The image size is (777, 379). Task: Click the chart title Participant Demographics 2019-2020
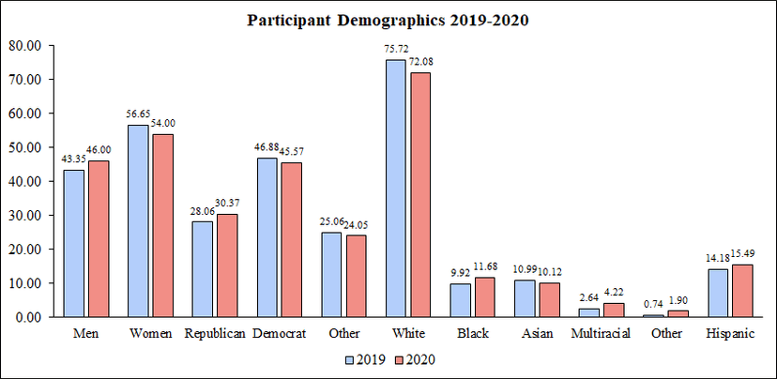(x=388, y=19)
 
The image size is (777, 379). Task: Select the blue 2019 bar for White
(x=395, y=189)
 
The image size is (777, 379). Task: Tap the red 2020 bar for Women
(x=162, y=225)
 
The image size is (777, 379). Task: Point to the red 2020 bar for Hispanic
(x=740, y=291)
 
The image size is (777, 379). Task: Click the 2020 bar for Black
(x=484, y=297)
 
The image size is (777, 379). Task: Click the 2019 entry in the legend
(x=367, y=359)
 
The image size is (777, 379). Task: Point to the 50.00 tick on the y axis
(x=25, y=147)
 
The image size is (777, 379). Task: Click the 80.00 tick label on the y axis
(x=25, y=45)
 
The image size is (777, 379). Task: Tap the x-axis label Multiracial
(x=601, y=334)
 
